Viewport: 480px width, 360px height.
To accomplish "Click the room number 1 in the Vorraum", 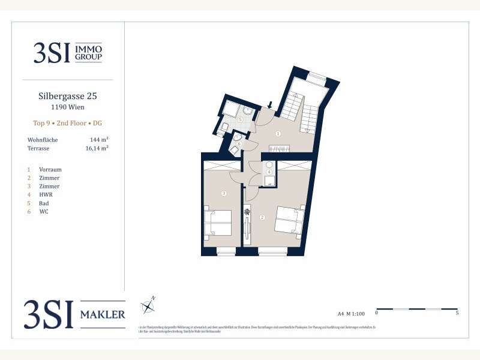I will coord(278,133).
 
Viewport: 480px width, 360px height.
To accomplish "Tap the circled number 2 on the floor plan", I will coord(262,217).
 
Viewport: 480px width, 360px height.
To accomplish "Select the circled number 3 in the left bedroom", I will coord(223,193).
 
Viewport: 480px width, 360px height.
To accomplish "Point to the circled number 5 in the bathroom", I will coord(240,120).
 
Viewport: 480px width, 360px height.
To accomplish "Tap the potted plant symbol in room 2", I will coord(247,212).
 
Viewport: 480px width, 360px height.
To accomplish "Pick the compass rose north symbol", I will coord(148,307).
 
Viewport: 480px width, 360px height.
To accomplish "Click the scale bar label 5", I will coord(458,313).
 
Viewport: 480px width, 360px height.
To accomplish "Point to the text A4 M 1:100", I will coord(350,313).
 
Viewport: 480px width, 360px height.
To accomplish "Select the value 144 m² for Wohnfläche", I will coord(98,139).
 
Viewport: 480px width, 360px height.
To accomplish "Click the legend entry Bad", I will coord(44,203).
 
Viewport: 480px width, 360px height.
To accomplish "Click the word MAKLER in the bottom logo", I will coord(103,315).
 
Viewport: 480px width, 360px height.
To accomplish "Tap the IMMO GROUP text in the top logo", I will coord(89,53).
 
